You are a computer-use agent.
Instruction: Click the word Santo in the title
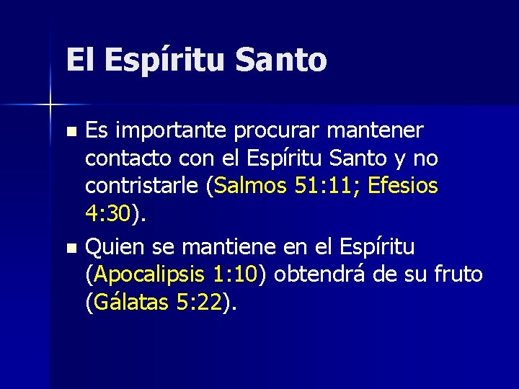pos(281,60)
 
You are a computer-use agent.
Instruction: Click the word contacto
pos(125,158)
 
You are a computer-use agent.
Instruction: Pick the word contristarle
pos(142,186)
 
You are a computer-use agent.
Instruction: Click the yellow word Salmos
pos(250,186)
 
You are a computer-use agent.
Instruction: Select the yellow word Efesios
pos(402,186)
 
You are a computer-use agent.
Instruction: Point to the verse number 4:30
pos(108,213)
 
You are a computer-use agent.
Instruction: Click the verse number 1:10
pos(236,274)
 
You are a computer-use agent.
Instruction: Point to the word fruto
pos(456,274)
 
